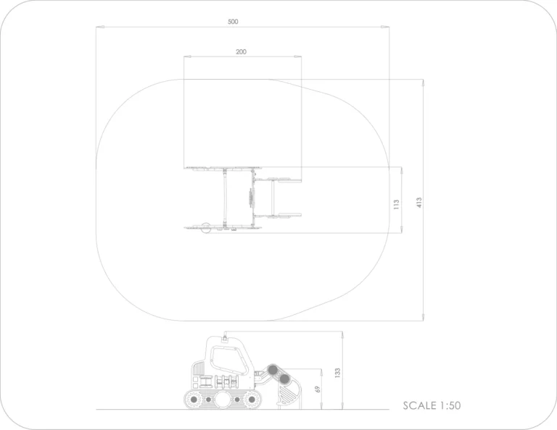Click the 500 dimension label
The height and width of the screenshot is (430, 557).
tap(233, 22)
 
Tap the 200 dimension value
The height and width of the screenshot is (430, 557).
tap(241, 51)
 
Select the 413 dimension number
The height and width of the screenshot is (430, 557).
tap(419, 203)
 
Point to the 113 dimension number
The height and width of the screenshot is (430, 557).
tap(397, 204)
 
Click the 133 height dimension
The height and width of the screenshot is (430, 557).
tap(337, 373)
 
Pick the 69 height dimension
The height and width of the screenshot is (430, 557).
tap(318, 389)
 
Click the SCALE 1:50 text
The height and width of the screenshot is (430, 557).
tap(432, 405)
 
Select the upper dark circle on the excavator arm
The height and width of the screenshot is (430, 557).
tap(273, 370)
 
